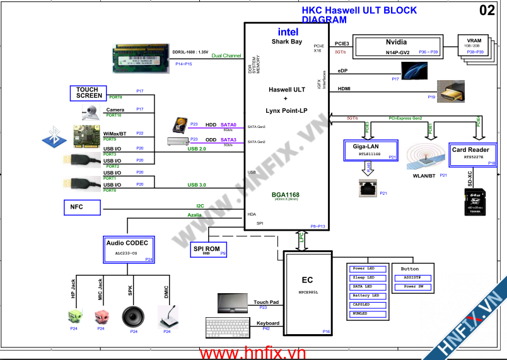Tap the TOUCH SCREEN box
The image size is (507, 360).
pos(88,93)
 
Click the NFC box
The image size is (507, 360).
pos(82,207)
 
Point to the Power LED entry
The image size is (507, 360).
pos(366,269)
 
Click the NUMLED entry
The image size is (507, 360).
pos(366,313)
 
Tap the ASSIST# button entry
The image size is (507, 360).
pos(414,277)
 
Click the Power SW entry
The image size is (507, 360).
pos(414,287)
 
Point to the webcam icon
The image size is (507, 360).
pos(91,113)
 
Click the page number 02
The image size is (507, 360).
pos(487,11)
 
